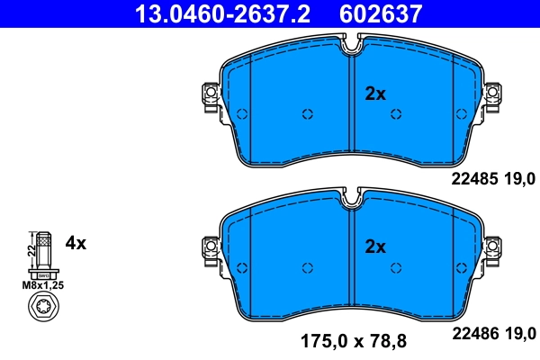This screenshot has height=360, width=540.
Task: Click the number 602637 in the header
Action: tap(377, 13)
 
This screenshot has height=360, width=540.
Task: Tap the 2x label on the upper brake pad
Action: tap(374, 94)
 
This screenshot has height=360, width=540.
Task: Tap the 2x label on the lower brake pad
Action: tap(374, 247)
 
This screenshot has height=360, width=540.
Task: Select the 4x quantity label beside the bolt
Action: tap(76, 243)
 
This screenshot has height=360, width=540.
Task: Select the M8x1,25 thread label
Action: tap(41, 286)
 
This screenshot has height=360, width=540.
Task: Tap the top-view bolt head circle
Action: tap(41, 311)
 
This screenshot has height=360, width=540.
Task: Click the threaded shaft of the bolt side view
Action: tap(41, 249)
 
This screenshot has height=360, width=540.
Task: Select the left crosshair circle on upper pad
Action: tap(307, 113)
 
